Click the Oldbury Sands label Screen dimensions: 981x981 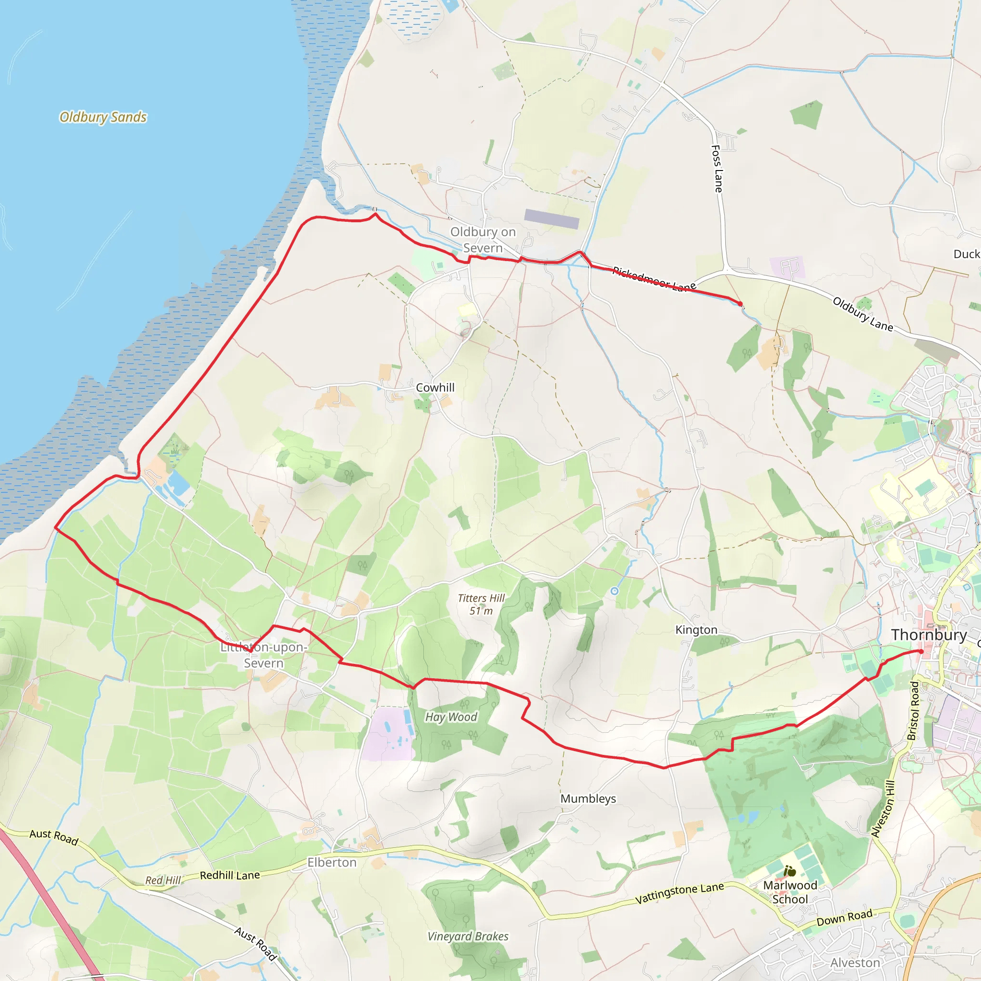click(103, 117)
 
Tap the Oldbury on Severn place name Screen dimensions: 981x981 click(483, 240)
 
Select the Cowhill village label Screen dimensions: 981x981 click(435, 388)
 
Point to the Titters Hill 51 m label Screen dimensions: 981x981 click(481, 604)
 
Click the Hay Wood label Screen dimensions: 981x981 click(451, 717)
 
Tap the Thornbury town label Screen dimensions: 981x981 click(929, 635)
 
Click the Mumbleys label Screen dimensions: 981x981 click(588, 798)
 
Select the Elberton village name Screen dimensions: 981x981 click(332, 862)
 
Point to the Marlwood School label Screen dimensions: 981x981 click(790, 891)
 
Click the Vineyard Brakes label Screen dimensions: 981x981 click(468, 936)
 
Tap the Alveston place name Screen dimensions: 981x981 click(855, 963)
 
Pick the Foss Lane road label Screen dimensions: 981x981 click(717, 169)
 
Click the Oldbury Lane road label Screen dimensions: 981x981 click(863, 314)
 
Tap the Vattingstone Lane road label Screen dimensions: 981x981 click(679, 893)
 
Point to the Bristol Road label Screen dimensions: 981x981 click(913, 711)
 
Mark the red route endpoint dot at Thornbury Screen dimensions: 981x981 click(921, 651)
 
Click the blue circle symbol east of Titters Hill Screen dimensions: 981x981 click(615, 591)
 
